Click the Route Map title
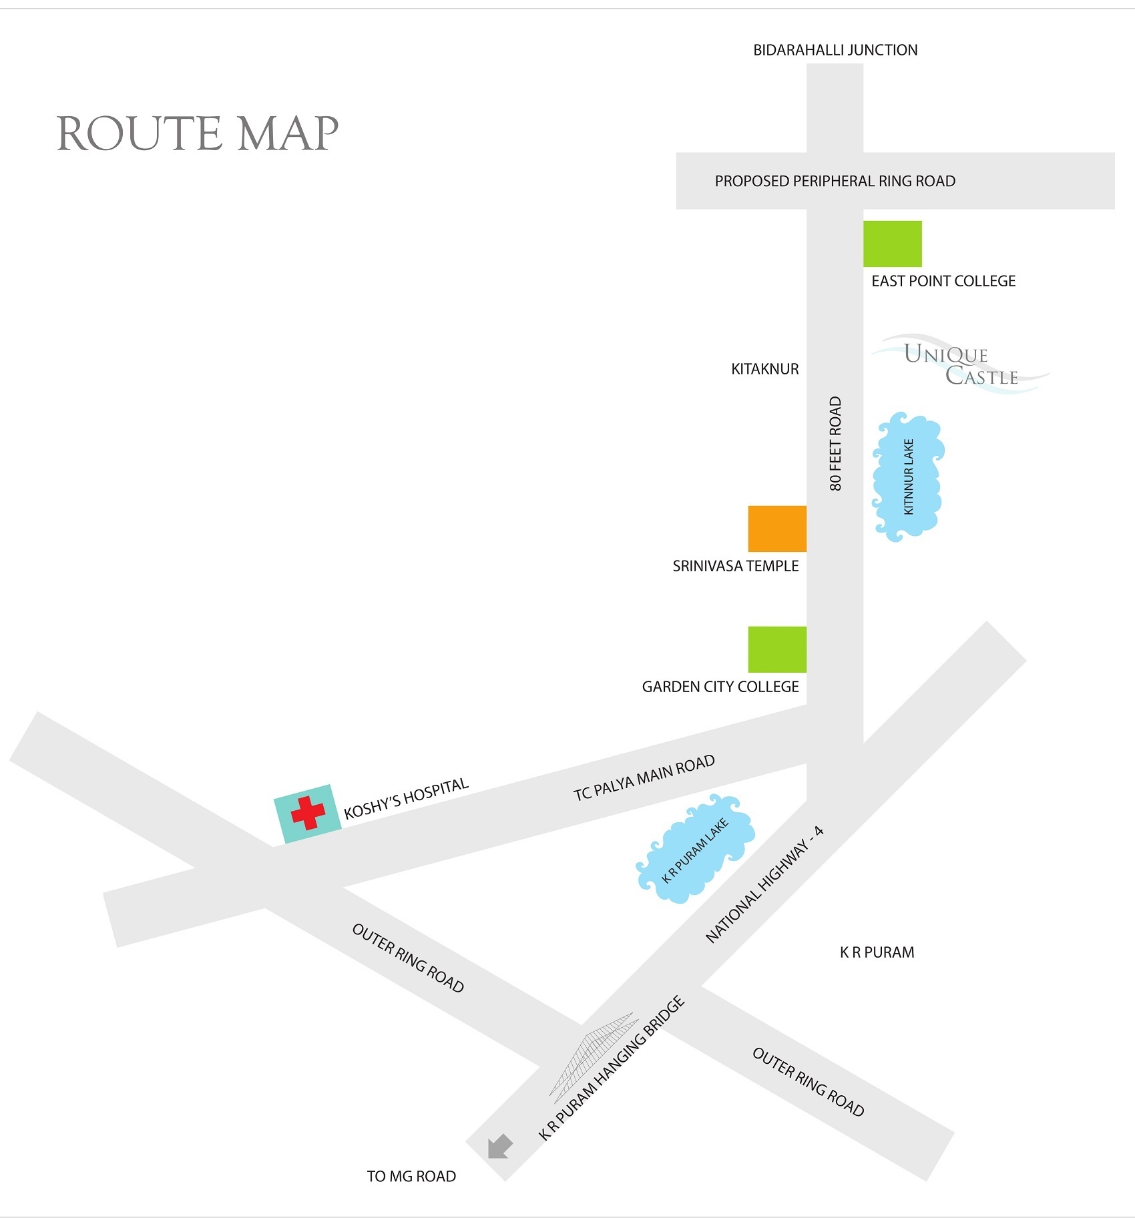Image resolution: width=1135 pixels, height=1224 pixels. pyautogui.click(x=198, y=133)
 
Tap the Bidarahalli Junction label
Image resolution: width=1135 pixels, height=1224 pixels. pyautogui.click(x=835, y=50)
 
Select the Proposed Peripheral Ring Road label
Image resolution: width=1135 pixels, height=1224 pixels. pyautogui.click(x=835, y=181)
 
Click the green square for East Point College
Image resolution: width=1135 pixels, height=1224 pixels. pyautogui.click(x=892, y=244)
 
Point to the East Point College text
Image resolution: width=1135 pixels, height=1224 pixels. pyautogui.click(x=943, y=281)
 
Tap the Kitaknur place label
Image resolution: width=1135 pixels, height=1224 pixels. pyautogui.click(x=764, y=369)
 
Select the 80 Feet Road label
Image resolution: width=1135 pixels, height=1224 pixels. pyautogui.click(x=835, y=444)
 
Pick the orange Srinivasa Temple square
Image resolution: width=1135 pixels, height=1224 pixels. pyautogui.click(x=777, y=529)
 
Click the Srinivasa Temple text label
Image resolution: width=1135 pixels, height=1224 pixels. pyautogui.click(x=735, y=566)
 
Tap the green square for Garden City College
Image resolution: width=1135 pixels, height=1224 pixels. pyautogui.click(x=777, y=649)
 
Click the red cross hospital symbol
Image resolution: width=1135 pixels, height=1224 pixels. pyautogui.click(x=308, y=813)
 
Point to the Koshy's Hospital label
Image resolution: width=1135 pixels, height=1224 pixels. pyautogui.click(x=406, y=798)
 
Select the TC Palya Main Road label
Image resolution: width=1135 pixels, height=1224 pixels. pyautogui.click(x=644, y=778)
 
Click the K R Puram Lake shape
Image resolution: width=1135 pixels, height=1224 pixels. pyautogui.click(x=695, y=849)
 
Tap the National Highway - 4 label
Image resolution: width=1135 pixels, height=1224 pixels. pyautogui.click(x=764, y=884)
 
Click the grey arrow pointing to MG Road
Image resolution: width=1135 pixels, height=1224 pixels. pyautogui.click(x=499, y=1147)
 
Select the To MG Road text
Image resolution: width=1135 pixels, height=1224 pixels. pyautogui.click(x=411, y=1176)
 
